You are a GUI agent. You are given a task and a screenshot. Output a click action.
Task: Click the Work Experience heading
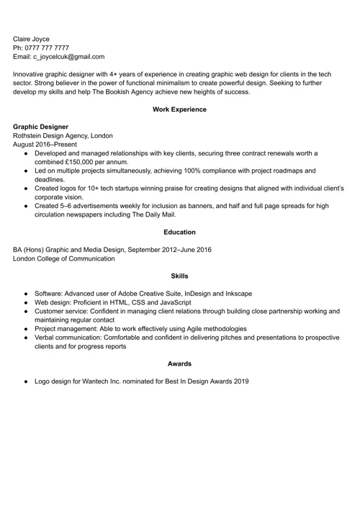coord(179,109)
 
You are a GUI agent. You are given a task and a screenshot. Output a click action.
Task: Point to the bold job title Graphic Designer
coord(40,126)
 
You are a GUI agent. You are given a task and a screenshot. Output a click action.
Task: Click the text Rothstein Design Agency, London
coord(63,135)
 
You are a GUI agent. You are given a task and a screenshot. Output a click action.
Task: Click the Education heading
coord(179,232)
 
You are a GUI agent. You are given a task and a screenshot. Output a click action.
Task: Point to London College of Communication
coord(63,258)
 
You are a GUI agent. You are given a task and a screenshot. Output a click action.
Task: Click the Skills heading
coord(179,276)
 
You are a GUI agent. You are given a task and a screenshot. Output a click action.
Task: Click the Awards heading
coord(179,363)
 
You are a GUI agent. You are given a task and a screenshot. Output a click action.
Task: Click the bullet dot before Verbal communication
coord(26,337)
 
